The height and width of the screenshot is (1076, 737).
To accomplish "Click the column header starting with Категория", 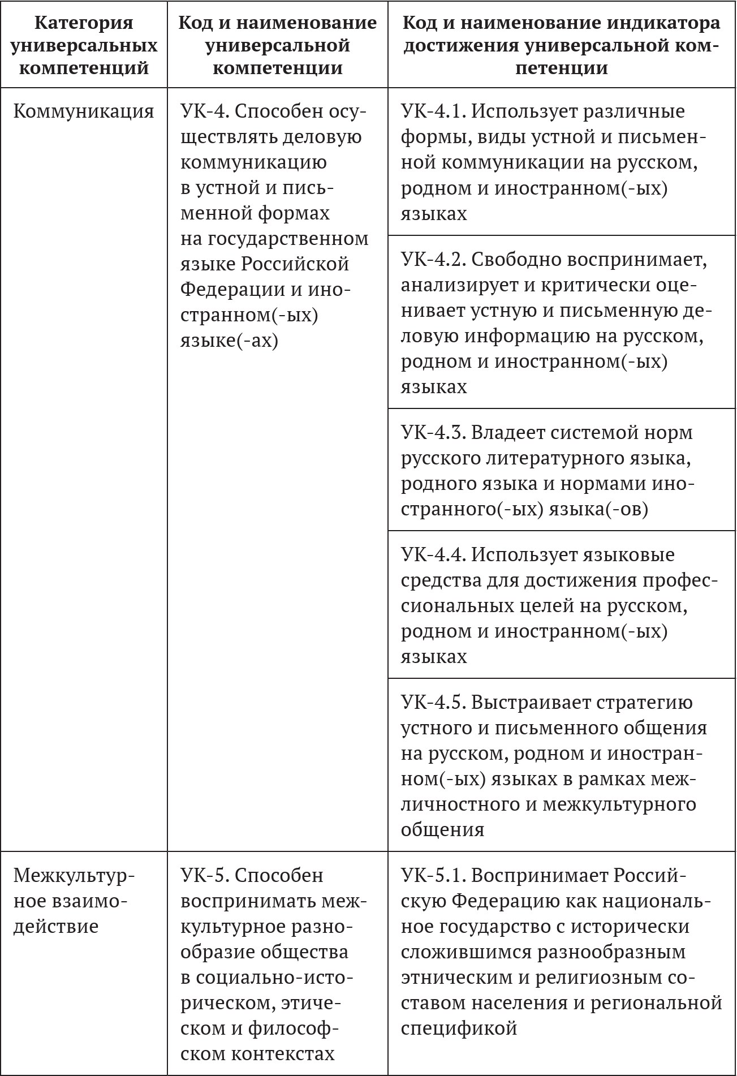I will pyautogui.click(x=84, y=45).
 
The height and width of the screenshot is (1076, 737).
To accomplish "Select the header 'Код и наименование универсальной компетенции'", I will pyautogui.click(x=277, y=45).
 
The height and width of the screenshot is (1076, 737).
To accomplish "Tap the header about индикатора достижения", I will pyautogui.click(x=561, y=45).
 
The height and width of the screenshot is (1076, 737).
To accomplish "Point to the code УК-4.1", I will pyautogui.click(x=433, y=111).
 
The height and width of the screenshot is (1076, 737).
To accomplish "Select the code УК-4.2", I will pyautogui.click(x=433, y=260).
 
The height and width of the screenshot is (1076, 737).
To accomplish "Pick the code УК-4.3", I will pyautogui.click(x=433, y=433).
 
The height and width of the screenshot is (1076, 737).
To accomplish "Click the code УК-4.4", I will pyautogui.click(x=433, y=555).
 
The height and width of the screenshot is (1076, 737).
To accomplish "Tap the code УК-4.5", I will pyautogui.click(x=433, y=703).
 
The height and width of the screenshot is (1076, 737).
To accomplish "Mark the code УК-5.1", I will pyautogui.click(x=433, y=875).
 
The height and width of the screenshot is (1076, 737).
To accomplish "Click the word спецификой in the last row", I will pyautogui.click(x=459, y=1027).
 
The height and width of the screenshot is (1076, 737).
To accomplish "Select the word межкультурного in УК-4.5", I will pyautogui.click(x=619, y=804).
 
